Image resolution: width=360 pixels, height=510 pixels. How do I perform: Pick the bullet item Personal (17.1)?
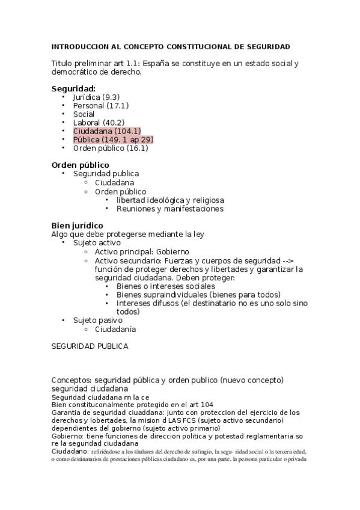pyautogui.click(x=100, y=105)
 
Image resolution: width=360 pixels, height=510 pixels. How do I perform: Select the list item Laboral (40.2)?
pyautogui.click(x=99, y=123)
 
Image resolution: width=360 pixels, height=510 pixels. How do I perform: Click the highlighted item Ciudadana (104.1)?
pyautogui.click(x=107, y=131)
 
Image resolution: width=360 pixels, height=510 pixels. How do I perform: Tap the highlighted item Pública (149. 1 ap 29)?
pyautogui.click(x=113, y=140)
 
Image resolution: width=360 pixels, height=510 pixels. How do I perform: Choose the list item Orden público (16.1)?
pyautogui.click(x=111, y=148)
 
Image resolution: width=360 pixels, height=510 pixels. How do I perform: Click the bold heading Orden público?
pyautogui.click(x=80, y=165)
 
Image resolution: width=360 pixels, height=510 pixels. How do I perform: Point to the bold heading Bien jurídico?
pyautogui.click(x=77, y=226)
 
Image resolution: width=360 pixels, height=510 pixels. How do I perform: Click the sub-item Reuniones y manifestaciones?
pyautogui.click(x=170, y=209)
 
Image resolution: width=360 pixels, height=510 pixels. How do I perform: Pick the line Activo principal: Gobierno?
pyautogui.click(x=142, y=251)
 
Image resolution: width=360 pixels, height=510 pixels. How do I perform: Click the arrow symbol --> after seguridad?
pyautogui.click(x=288, y=260)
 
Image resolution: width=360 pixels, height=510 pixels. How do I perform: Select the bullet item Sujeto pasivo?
pyautogui.click(x=97, y=321)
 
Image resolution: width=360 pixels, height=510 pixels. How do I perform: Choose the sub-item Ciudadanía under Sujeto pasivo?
pyautogui.click(x=115, y=330)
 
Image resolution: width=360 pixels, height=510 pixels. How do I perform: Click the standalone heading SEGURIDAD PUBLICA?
pyautogui.click(x=90, y=346)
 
